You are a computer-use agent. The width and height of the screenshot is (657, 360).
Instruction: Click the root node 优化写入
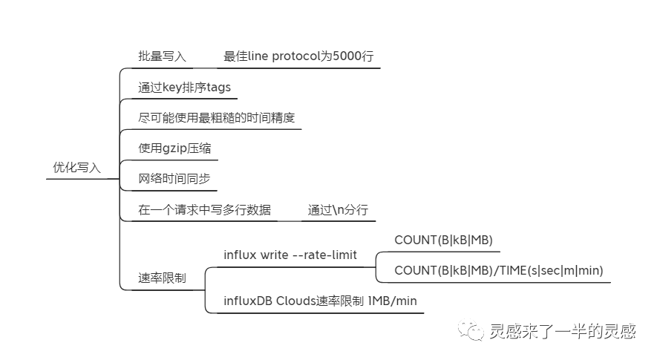pyautogui.click(x=76, y=168)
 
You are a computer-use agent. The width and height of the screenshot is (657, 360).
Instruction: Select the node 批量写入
pyautogui.click(x=162, y=56)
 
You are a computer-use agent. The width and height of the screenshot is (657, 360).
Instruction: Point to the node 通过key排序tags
pyautogui.click(x=184, y=88)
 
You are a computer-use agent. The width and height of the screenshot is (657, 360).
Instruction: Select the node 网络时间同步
pyautogui.click(x=174, y=179)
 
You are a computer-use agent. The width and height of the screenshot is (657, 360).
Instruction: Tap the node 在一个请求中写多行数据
pyautogui.click(x=204, y=210)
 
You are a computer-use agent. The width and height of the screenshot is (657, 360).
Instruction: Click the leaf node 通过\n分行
pyautogui.click(x=338, y=210)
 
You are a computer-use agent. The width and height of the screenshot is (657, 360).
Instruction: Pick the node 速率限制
pyautogui.click(x=162, y=278)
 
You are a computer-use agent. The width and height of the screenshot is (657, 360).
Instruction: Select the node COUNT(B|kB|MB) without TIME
pyautogui.click(x=443, y=240)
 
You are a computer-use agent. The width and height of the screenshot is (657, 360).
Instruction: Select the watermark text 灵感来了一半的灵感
pyautogui.click(x=562, y=331)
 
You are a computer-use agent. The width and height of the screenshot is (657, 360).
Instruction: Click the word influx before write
pyautogui.click(x=240, y=255)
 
